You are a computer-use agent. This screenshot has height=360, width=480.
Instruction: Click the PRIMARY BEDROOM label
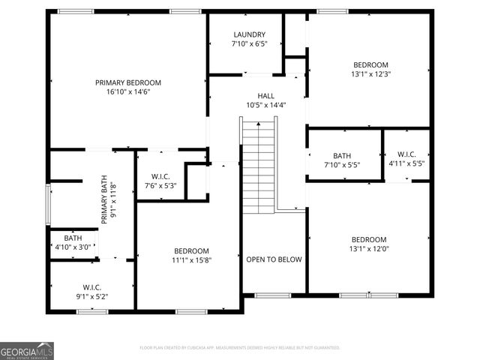127,82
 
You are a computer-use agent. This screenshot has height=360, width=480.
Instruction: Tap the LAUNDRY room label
249,34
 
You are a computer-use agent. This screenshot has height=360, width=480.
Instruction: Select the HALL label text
266,96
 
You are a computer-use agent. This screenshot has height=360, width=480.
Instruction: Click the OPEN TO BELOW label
274,259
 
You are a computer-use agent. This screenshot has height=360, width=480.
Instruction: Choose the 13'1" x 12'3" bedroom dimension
370,74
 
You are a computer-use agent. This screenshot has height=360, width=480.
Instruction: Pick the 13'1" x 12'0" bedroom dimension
368,249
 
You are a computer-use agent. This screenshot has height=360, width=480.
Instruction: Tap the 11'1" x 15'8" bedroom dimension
192,260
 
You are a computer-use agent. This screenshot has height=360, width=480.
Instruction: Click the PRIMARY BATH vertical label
109,199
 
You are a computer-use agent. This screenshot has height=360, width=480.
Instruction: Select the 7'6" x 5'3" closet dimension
160,186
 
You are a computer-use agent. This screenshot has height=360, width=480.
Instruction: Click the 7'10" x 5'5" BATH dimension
342,164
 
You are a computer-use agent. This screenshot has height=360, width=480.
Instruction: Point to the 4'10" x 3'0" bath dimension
73,247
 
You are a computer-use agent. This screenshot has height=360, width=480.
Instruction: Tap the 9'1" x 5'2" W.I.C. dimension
92,297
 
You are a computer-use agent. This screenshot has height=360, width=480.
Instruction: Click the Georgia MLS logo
27,350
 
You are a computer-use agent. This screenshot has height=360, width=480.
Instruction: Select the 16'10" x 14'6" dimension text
127,92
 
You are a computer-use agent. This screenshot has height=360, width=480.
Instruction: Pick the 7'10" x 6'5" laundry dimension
249,44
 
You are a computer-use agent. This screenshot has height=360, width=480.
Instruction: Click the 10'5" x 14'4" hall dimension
266,106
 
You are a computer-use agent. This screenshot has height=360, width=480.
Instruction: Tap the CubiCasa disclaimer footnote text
240,348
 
